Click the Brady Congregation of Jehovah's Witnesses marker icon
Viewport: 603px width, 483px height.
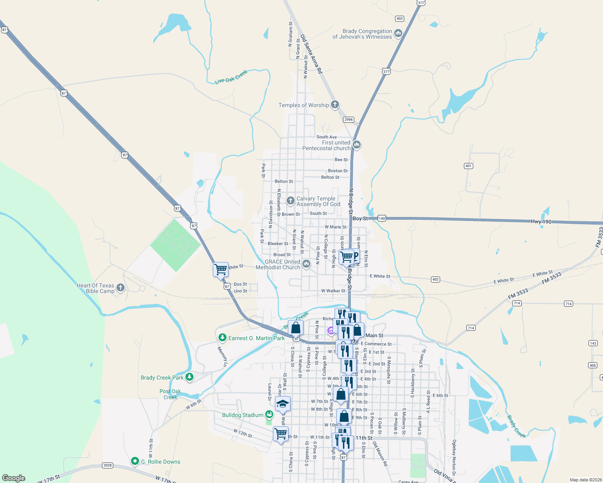click(x=398, y=33)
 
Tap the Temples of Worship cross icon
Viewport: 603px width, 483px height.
click(x=335, y=105)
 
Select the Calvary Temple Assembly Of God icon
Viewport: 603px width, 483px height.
click(x=290, y=201)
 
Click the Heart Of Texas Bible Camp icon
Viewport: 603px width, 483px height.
click(x=120, y=288)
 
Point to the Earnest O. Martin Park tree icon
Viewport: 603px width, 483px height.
click(x=222, y=338)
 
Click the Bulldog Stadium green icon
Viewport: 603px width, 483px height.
click(x=269, y=415)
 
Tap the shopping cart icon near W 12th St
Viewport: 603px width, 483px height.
click(x=281, y=434)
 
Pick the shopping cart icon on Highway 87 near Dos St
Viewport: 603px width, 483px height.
click(x=220, y=269)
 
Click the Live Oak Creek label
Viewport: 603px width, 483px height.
click(x=231, y=77)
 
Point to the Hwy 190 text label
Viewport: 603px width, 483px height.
click(x=541, y=222)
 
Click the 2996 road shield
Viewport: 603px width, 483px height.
click(x=349, y=120)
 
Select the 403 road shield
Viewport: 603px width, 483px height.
click(x=399, y=19)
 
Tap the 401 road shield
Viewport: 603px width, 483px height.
click(x=468, y=166)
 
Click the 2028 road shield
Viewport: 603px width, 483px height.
click(x=107, y=465)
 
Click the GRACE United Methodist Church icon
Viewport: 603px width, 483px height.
click(x=306, y=264)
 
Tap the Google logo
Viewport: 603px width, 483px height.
click(x=14, y=478)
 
